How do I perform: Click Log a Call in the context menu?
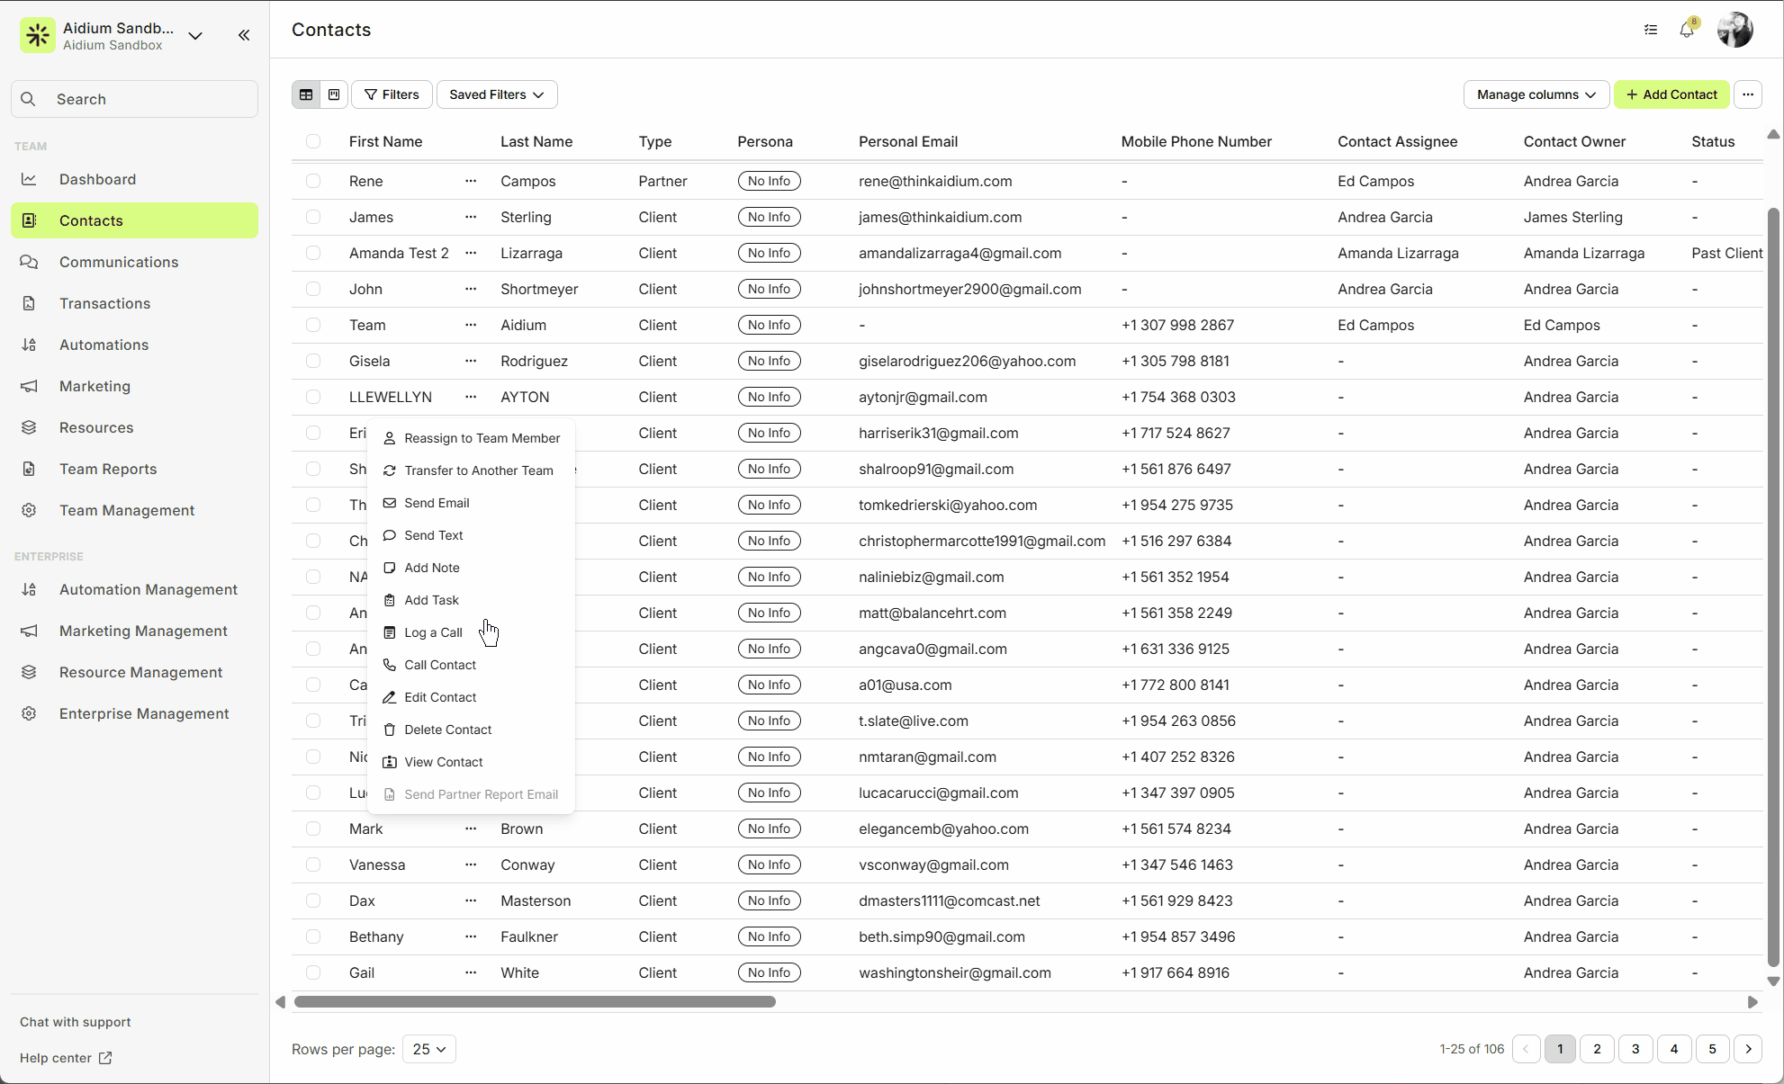433,632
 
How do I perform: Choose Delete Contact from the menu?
447,730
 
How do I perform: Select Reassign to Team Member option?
482,438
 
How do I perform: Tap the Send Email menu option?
437,503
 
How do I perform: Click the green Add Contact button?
1671,94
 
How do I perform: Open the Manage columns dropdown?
1536,94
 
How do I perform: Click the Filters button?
392,94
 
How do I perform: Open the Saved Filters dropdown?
496,94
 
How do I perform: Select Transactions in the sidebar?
104,303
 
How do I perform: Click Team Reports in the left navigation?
108,469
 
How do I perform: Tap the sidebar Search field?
135,99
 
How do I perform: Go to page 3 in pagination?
1635,1049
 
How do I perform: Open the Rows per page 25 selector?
428,1049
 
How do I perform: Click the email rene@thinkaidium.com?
935,181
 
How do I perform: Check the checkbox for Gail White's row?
313,972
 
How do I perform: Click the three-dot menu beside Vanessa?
471,865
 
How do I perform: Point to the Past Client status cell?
1726,253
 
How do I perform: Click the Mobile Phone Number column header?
1196,141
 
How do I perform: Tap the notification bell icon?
1687,30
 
